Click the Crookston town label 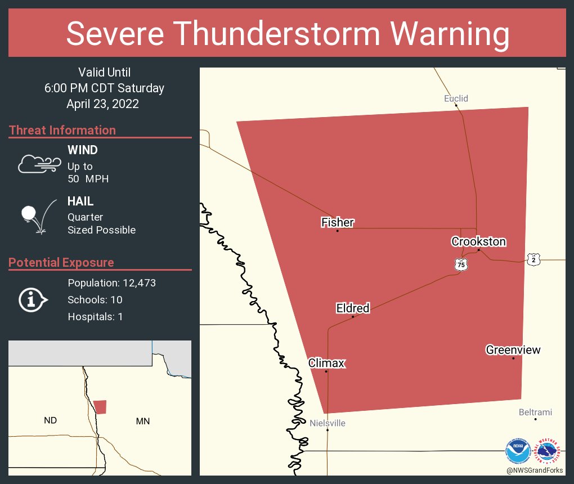(x=478, y=242)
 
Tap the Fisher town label (x=338, y=222)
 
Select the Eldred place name (x=353, y=308)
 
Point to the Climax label (x=326, y=363)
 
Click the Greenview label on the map (x=513, y=350)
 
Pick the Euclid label (x=456, y=98)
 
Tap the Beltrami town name (x=535, y=413)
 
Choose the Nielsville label (x=328, y=423)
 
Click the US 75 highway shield (x=461, y=265)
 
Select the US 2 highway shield (x=533, y=259)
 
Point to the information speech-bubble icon (x=33, y=299)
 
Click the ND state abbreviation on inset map (x=51, y=420)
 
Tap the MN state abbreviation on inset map (x=143, y=421)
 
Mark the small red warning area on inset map (x=100, y=407)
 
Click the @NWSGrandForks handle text (x=535, y=470)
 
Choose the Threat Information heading (x=62, y=130)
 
